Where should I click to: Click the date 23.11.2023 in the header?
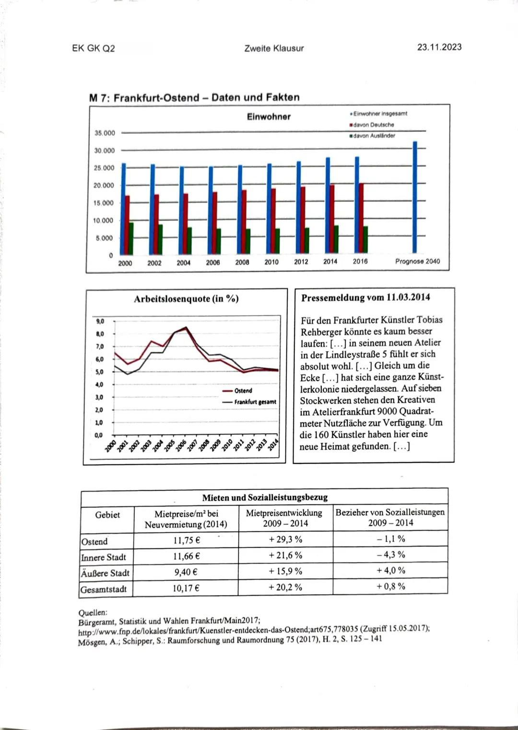coord(439,47)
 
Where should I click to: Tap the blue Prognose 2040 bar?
coord(415,197)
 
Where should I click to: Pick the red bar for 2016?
coord(361,218)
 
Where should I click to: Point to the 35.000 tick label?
coord(104,133)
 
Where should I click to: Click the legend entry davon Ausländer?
coord(374,136)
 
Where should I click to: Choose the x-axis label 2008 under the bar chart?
coord(242,262)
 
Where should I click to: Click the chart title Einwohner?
coord(269,117)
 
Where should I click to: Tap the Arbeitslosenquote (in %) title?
coord(186,299)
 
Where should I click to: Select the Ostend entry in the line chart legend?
coord(243,390)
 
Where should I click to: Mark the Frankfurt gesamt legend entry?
coord(255,402)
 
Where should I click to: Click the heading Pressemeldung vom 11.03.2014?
coord(365,297)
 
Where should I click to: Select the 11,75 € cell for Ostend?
coord(186,540)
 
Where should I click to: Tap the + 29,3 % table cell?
coord(285,540)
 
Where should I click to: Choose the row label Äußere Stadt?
coord(105,573)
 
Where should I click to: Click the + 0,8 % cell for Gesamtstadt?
coord(390,586)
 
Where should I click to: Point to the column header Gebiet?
coord(107,515)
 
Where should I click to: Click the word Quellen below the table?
coord(93,612)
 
